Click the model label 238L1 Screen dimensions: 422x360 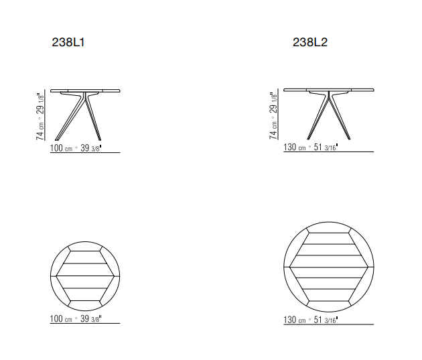pos(68,42)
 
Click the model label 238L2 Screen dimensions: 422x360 pos(310,42)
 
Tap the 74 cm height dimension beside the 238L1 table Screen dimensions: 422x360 pos(40,131)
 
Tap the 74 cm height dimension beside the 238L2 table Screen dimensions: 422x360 pos(273,130)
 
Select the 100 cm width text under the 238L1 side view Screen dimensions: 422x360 pos(62,148)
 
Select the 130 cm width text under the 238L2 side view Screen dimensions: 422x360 pos(295,147)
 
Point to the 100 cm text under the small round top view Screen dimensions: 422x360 pos(61,318)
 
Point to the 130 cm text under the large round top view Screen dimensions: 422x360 pos(295,320)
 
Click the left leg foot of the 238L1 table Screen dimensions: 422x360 pos(56,139)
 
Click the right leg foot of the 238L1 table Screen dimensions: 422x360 pos(99,139)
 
